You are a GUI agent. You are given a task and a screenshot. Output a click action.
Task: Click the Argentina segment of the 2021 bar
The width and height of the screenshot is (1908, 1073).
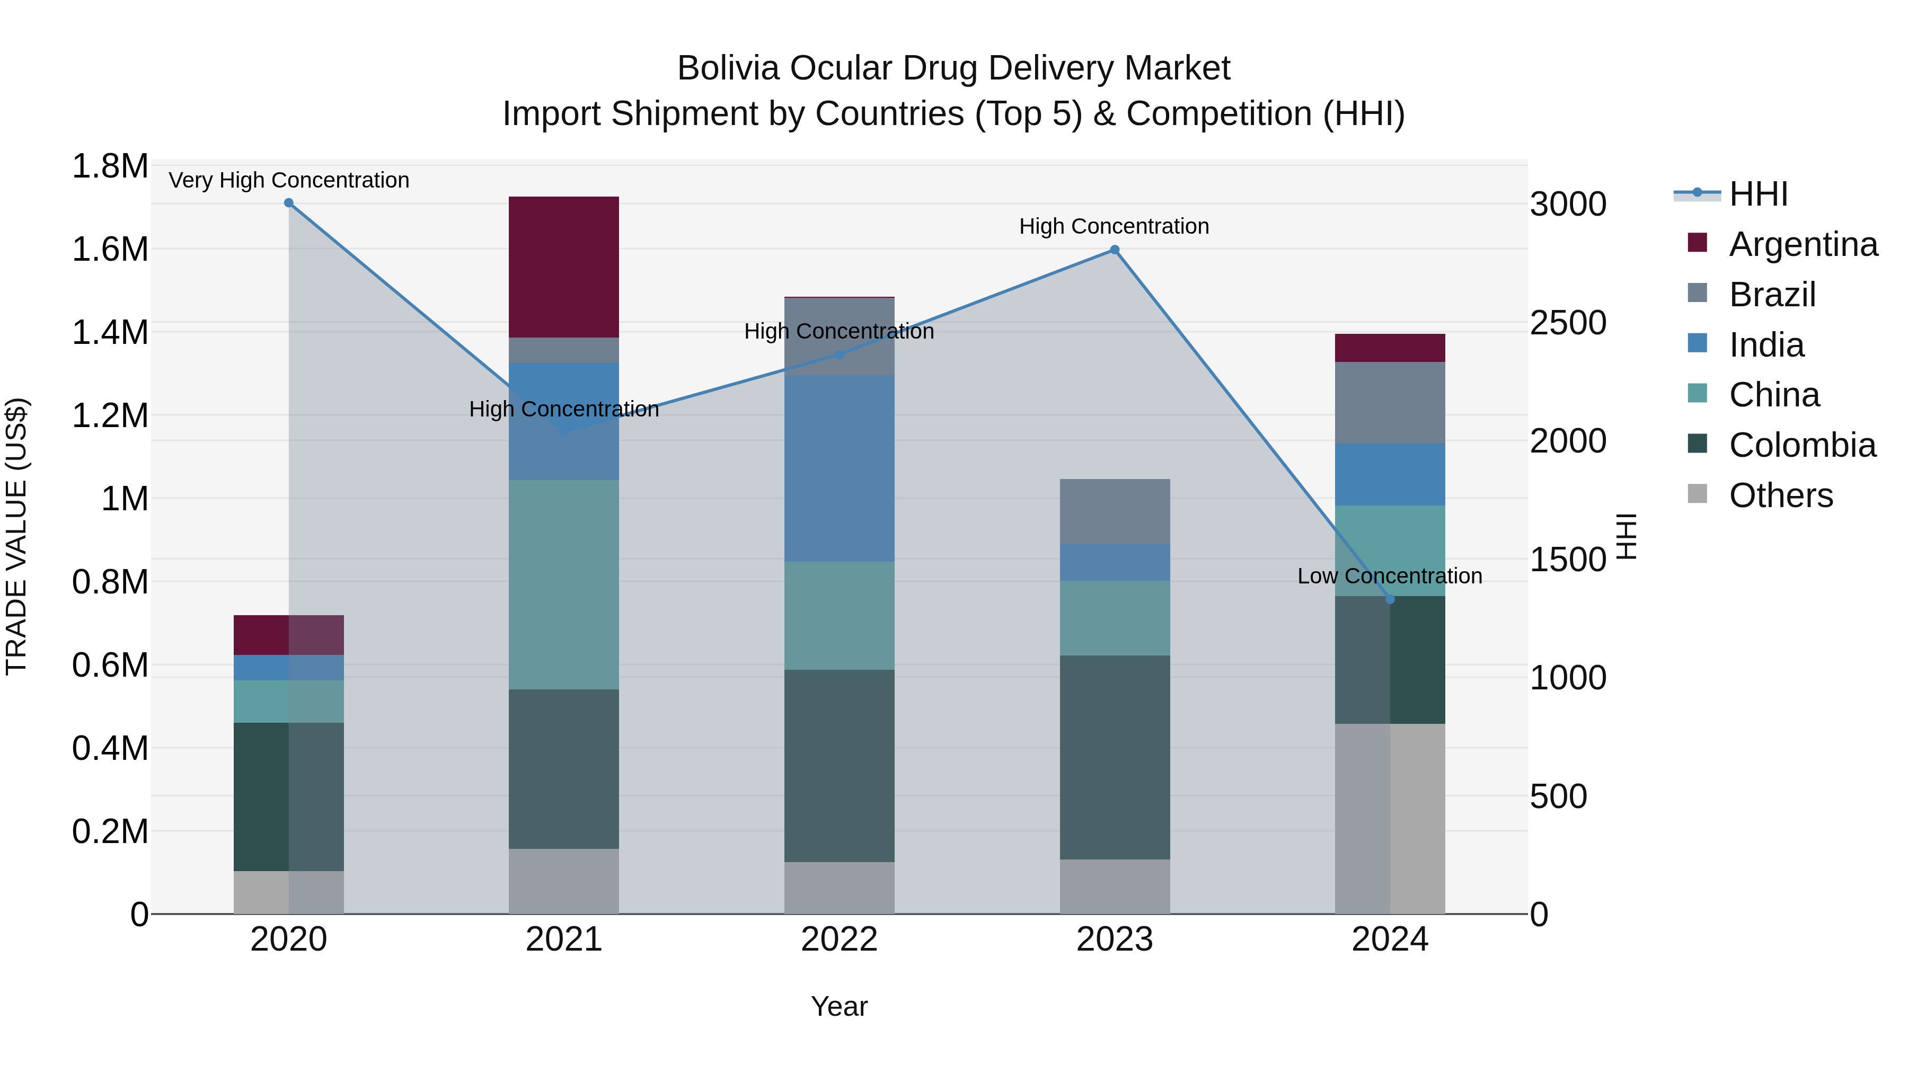pos(564,267)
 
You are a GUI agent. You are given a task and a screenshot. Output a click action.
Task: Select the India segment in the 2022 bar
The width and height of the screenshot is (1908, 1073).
pos(839,468)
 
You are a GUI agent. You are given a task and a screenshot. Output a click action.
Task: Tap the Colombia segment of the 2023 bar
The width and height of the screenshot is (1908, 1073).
pos(1115,757)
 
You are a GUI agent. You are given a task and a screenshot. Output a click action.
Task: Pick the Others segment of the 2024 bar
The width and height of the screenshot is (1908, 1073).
pos(1390,818)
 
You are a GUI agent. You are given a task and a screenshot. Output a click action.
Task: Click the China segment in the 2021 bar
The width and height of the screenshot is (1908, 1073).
pos(564,584)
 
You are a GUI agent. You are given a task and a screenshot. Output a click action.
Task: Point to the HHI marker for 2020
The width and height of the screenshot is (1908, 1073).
pos(289,203)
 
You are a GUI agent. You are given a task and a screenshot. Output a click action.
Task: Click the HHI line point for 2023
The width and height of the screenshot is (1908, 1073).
pos(1115,250)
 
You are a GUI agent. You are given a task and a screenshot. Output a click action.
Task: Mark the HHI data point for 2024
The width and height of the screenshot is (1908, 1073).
pos(1390,599)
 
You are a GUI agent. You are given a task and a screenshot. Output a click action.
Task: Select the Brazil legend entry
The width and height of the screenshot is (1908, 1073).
pos(1772,295)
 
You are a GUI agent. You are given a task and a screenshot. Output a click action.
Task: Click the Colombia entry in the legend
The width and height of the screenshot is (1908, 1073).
pos(1801,445)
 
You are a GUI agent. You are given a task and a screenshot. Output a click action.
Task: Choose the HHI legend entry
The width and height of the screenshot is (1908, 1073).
pos(1757,194)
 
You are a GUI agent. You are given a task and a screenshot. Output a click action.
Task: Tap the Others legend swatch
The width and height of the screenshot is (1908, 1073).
pos(1697,494)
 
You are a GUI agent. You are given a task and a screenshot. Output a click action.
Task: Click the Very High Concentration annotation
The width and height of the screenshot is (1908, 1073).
pos(289,180)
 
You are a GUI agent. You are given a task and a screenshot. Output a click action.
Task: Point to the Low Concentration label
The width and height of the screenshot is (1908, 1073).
pos(1390,575)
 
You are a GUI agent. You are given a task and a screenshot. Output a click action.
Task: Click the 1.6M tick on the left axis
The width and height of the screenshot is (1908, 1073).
pos(110,250)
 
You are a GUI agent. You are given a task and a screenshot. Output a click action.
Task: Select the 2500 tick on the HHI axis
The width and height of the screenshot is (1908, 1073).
pos(1568,323)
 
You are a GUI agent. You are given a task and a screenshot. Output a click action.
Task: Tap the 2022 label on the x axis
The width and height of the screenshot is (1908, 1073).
pos(839,939)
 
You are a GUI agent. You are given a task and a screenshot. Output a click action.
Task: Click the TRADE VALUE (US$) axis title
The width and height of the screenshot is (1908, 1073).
pos(16,536)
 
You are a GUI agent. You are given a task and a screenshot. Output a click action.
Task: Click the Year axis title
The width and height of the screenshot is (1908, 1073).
pos(839,1006)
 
